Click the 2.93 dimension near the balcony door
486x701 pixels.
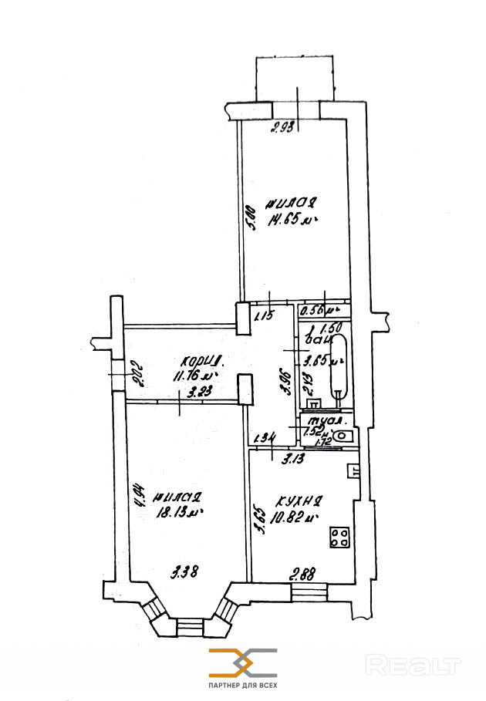(x=284, y=129)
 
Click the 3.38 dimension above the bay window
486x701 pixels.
(x=185, y=571)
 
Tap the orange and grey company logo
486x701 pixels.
(x=242, y=662)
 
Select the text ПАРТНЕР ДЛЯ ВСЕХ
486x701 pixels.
(x=242, y=686)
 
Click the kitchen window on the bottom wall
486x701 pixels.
(x=309, y=592)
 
